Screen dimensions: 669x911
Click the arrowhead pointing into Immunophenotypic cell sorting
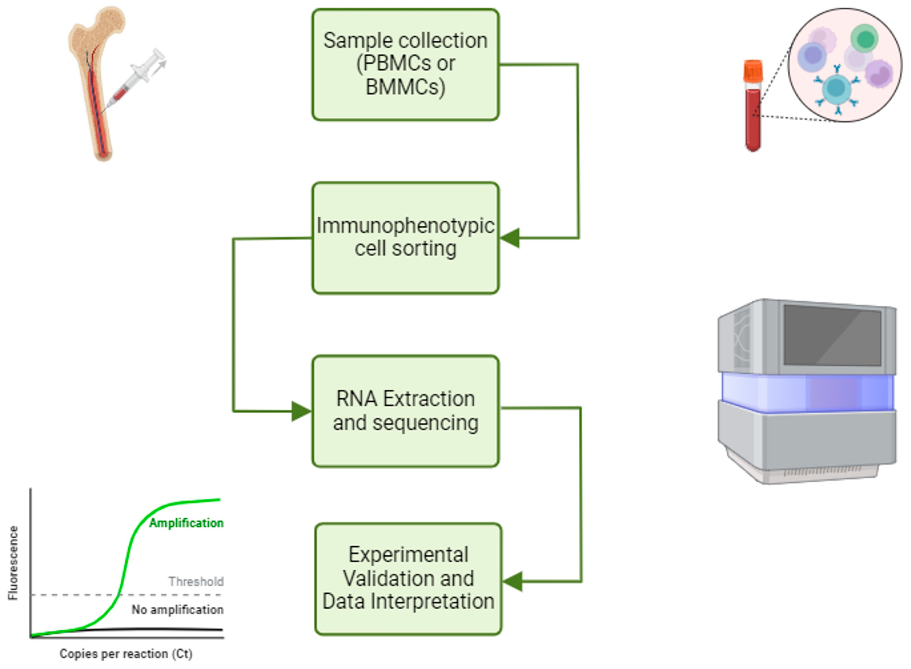[x=510, y=238]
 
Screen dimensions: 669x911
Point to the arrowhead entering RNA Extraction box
[x=301, y=411]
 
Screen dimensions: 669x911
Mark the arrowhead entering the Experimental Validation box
[x=513, y=582]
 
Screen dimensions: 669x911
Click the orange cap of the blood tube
[x=753, y=71]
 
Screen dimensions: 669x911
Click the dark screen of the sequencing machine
[x=832, y=335]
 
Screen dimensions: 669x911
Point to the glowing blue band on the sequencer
[x=807, y=392]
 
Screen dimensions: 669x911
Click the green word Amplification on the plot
[x=186, y=523]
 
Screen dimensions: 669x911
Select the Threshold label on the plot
[x=196, y=582]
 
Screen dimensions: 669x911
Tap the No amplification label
[x=177, y=610]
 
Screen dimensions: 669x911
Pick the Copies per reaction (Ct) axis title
[x=126, y=654]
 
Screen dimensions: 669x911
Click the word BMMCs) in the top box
[x=405, y=87]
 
